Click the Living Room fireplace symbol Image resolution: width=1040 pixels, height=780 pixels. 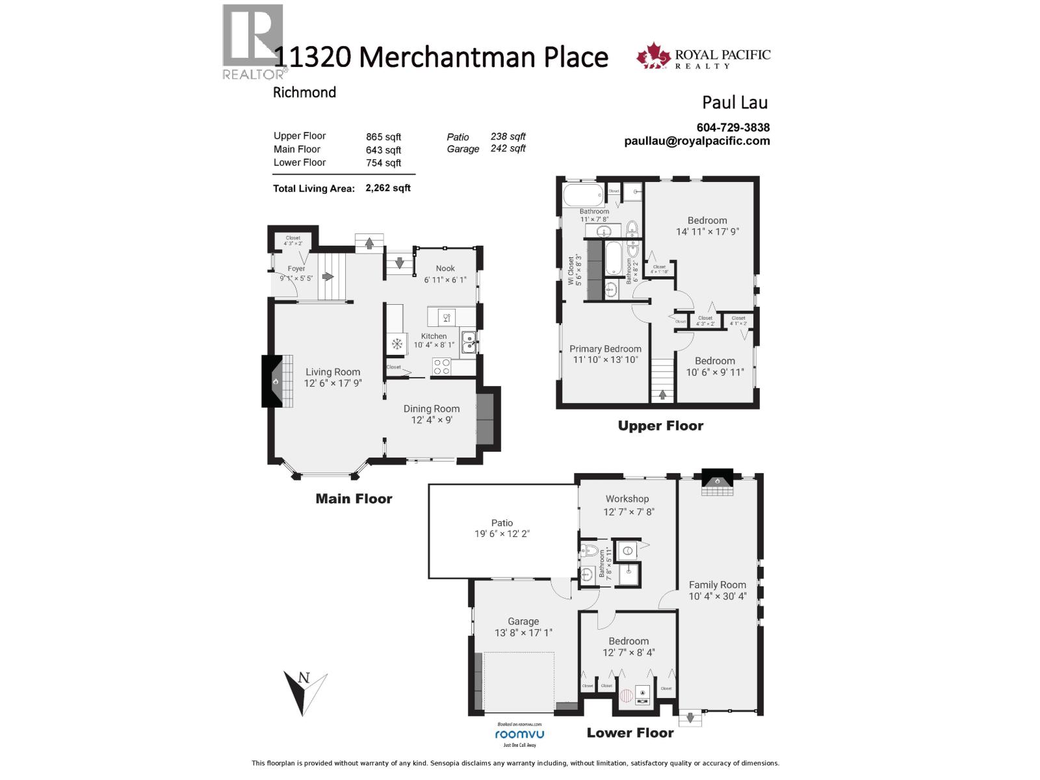[276, 381]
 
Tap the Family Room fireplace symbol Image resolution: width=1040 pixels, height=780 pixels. [716, 481]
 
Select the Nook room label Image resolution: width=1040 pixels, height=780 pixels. [445, 268]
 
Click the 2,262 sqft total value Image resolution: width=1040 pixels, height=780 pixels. [388, 188]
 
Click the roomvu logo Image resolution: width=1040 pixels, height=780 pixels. [519, 734]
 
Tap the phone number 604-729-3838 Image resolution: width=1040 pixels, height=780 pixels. [733, 128]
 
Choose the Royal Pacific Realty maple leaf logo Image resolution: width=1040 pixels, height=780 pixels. [653, 56]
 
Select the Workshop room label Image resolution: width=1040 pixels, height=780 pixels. [627, 499]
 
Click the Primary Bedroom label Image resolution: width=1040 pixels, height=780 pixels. [605, 348]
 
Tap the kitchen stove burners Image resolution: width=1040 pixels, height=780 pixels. [442, 367]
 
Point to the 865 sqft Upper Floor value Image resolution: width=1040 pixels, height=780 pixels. [383, 136]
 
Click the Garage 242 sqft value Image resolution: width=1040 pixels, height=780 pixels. [508, 148]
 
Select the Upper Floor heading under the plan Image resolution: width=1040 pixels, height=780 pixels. [660, 426]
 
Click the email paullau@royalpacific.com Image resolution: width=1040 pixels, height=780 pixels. [697, 141]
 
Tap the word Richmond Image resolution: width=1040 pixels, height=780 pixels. [304, 92]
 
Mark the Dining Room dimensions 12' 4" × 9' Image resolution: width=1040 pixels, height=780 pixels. [432, 420]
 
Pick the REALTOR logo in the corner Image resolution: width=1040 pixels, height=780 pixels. [253, 42]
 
